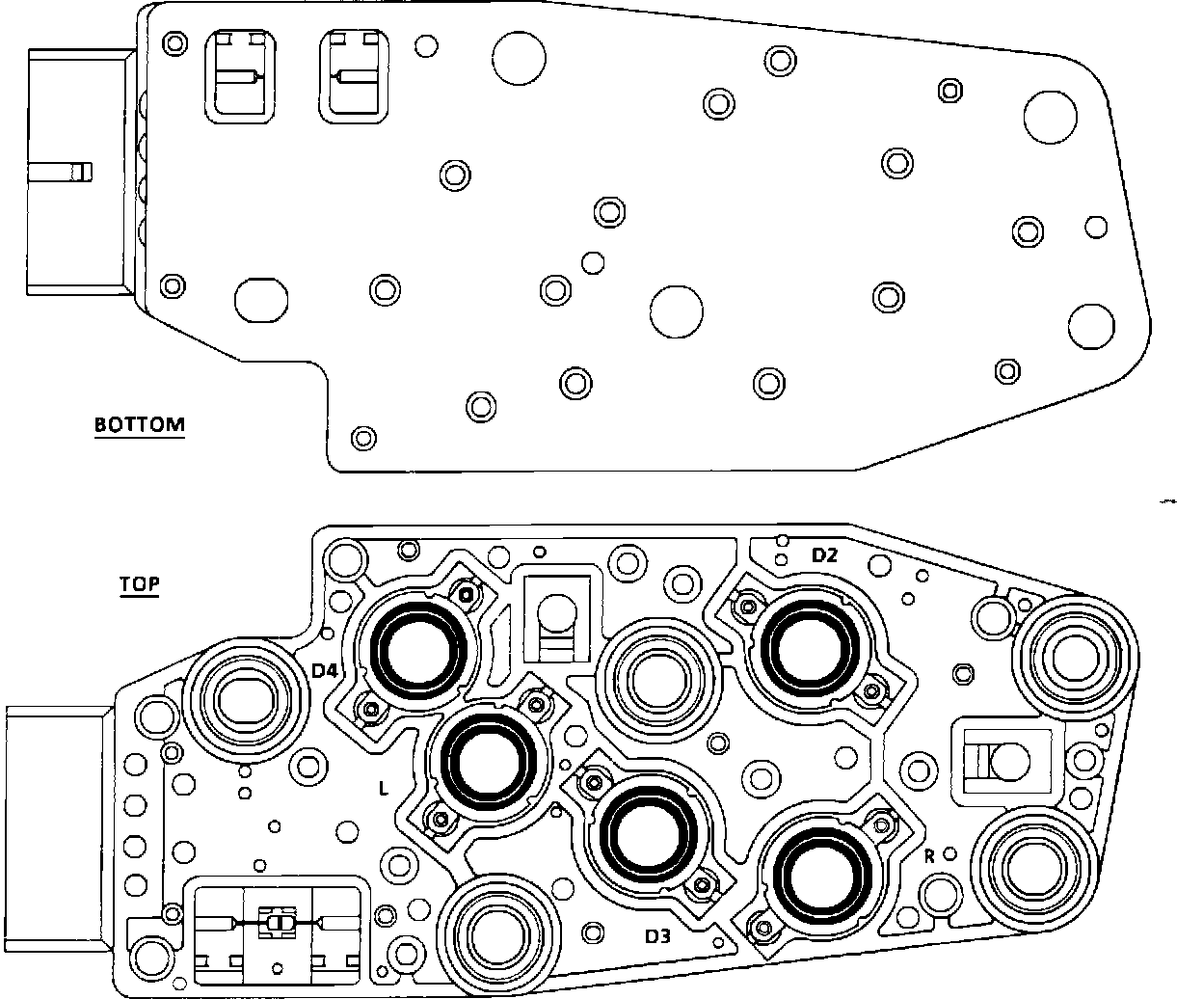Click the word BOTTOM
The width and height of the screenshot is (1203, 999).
pyautogui.click(x=140, y=425)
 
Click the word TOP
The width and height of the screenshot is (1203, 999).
pyautogui.click(x=140, y=584)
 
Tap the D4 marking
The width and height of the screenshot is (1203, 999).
pyautogui.click(x=325, y=670)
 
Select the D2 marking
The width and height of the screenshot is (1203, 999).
pyautogui.click(x=824, y=555)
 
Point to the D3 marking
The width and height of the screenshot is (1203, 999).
pyautogui.click(x=657, y=936)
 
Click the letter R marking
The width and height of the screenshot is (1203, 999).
pyautogui.click(x=928, y=857)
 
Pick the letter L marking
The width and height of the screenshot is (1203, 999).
pyautogui.click(x=383, y=788)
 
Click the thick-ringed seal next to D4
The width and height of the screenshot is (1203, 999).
pyautogui.click(x=417, y=652)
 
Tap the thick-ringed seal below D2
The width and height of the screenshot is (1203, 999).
pyautogui.click(x=811, y=648)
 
